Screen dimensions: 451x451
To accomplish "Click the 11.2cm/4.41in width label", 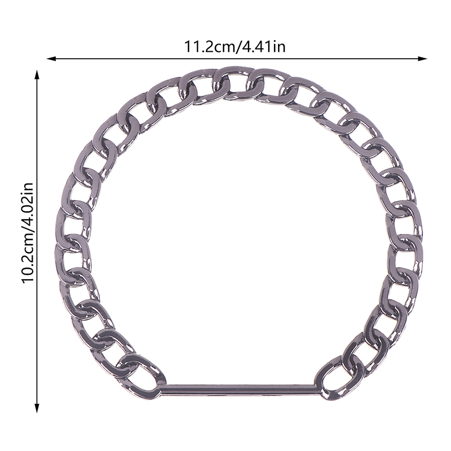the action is pos(235,47).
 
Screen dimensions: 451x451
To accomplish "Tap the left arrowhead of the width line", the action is pos(51,59).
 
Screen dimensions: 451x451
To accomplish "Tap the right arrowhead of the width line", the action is pos(422,59).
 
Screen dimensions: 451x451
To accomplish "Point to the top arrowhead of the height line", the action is pos(37,74).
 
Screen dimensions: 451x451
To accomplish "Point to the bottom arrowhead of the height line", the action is pos(37,408).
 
